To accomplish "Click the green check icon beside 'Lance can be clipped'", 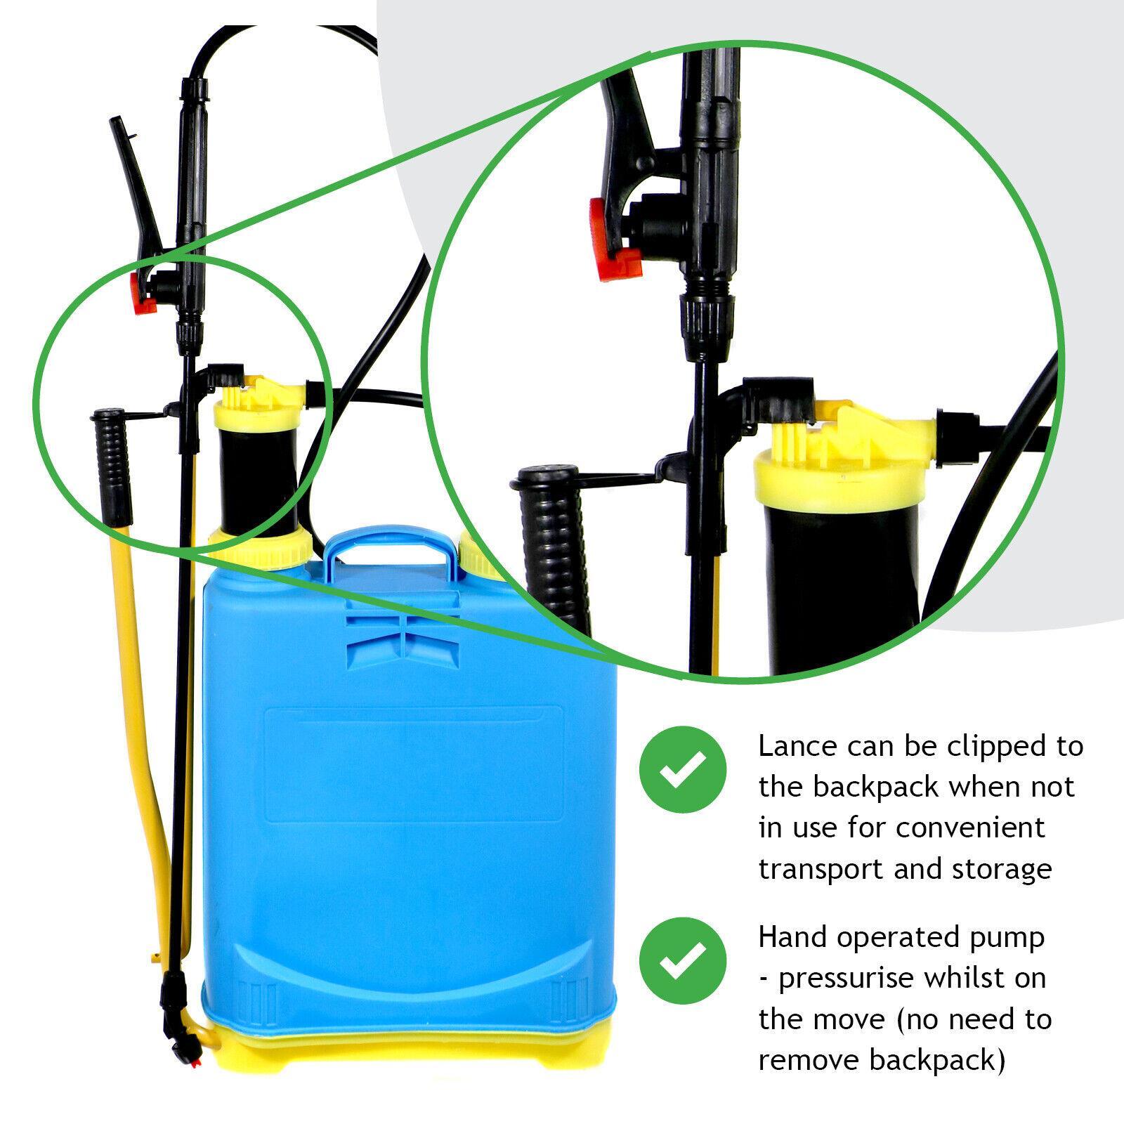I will point(682,770).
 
